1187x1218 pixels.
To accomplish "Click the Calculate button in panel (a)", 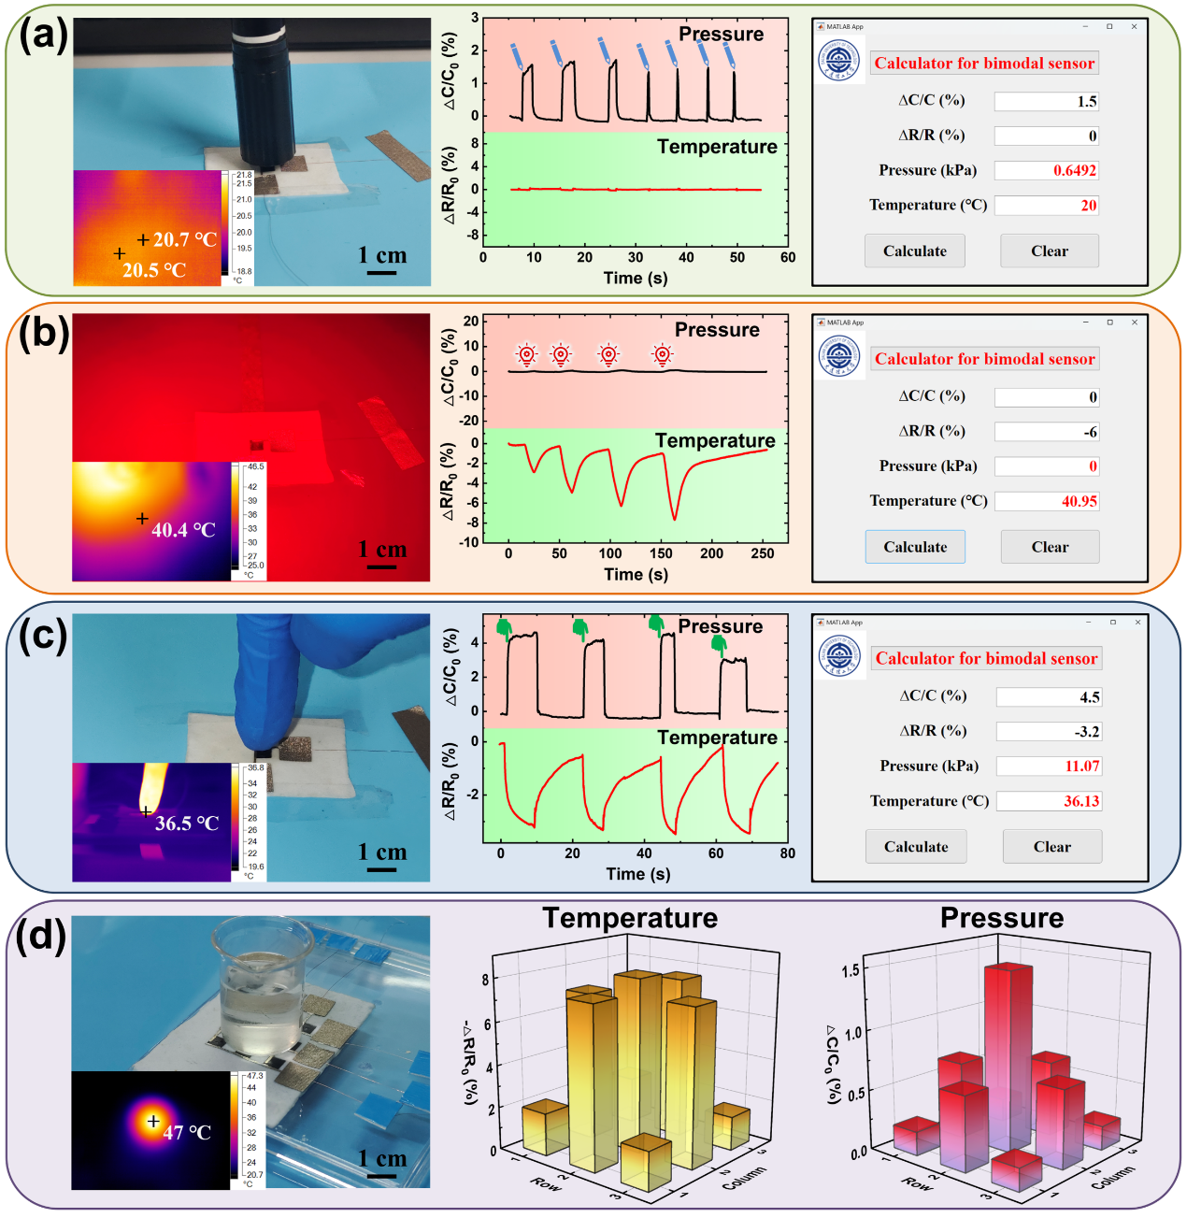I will coord(915,251).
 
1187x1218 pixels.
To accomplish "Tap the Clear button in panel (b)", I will coord(1050,547).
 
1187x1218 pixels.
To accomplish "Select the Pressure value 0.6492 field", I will coord(1046,170).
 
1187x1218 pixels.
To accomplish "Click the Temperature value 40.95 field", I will coord(1047,501).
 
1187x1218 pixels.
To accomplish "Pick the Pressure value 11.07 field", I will coord(1049,767).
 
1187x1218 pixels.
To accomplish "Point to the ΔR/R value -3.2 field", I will coord(1049,731).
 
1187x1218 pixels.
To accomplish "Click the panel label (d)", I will coord(41,935).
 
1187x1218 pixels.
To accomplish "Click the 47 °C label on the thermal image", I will coord(187,1132).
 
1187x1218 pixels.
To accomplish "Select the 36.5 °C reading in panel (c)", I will coord(187,824).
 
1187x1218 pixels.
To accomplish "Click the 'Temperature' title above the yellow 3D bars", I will coord(630,918).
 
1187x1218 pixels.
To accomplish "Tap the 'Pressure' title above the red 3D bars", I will coord(1002,918).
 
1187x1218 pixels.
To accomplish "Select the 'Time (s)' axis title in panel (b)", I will coord(636,574).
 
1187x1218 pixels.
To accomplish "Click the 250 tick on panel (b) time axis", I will coord(763,553).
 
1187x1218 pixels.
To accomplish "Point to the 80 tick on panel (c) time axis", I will coord(788,853).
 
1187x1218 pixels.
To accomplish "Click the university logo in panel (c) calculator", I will coord(838,655).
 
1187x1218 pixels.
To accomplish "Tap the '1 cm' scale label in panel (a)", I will coord(382,255).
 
